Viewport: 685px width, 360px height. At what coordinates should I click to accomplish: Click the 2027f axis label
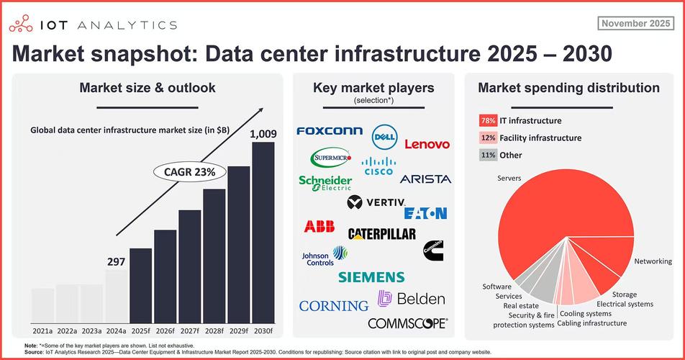pos(190,331)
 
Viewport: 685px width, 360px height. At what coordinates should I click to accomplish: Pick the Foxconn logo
pos(330,131)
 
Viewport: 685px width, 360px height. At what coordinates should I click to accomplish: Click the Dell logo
pos(386,136)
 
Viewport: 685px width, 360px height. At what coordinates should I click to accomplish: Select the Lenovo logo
pos(427,144)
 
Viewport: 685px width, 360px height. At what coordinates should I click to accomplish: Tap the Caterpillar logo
pos(381,234)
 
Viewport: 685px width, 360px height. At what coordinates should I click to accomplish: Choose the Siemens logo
pos(371,277)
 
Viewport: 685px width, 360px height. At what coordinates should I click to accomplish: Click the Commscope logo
pos(408,323)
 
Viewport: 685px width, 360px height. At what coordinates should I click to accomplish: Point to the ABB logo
pos(319,227)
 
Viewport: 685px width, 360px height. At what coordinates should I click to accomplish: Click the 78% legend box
pos(486,121)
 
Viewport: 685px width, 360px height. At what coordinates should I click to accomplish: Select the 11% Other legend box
pos(486,155)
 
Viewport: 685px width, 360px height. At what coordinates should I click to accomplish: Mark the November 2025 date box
pos(635,24)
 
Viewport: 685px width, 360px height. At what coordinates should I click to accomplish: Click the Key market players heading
pos(373,88)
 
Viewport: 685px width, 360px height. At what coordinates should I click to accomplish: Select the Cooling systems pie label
pos(586,314)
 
